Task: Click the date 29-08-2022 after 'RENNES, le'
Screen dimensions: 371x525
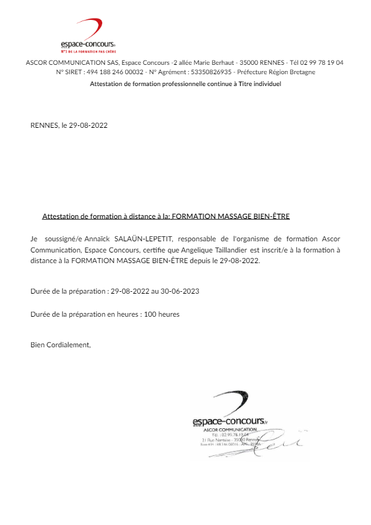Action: pyautogui.click(x=88, y=125)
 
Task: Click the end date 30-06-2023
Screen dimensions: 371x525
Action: pyautogui.click(x=180, y=292)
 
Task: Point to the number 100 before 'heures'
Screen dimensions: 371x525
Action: pyautogui.click(x=150, y=314)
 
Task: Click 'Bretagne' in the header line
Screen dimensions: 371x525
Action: pyautogui.click(x=301, y=72)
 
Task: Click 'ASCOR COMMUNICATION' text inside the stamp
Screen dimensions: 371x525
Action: pyautogui.click(x=230, y=430)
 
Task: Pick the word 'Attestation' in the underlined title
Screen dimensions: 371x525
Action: pyautogui.click(x=60, y=216)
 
